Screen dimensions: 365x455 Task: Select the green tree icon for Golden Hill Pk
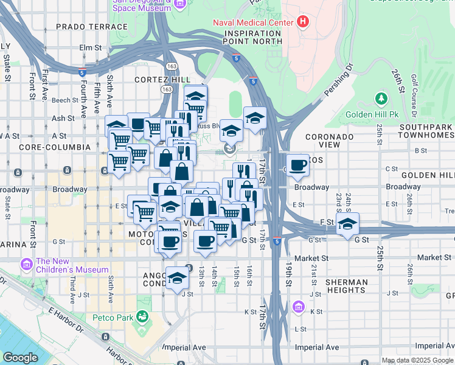tap(381, 99)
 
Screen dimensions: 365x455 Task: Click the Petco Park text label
tap(114, 317)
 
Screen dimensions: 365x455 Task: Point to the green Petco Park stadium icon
tap(142, 316)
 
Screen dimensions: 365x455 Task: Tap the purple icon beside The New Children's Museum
tap(26, 265)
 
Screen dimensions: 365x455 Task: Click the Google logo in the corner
tap(20, 358)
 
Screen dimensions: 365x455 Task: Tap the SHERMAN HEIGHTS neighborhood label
tap(346, 287)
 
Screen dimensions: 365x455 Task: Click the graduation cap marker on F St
tap(347, 224)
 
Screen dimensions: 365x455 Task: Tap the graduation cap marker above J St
tap(177, 278)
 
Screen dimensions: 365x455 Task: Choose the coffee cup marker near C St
tap(297, 165)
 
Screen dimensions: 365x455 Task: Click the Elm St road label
tap(89, 47)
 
